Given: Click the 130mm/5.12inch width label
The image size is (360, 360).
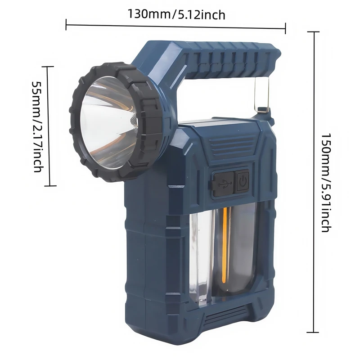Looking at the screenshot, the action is (176, 15).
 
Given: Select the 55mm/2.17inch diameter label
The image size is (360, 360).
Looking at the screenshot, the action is (37, 126).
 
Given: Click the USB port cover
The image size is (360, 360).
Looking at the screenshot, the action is (223, 184).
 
